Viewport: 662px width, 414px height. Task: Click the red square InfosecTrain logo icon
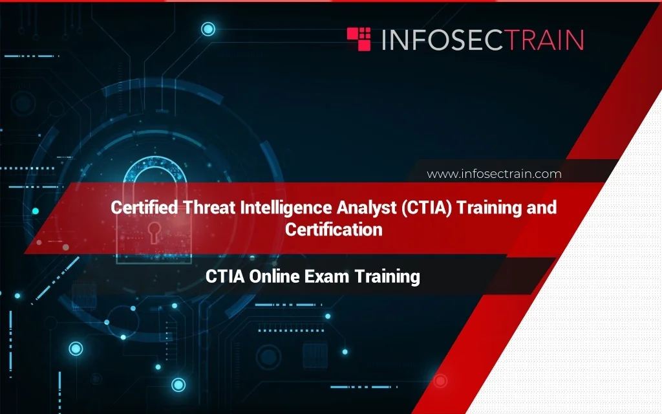click(x=358, y=39)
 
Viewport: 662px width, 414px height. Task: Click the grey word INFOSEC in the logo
click(x=443, y=39)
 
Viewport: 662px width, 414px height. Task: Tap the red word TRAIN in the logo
click(x=545, y=39)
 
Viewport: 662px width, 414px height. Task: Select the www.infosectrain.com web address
click(x=494, y=174)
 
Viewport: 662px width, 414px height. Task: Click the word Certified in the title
click(x=144, y=208)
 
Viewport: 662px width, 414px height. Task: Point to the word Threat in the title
click(x=209, y=208)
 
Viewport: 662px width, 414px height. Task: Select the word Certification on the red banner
click(x=334, y=230)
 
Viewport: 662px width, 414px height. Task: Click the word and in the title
click(x=542, y=208)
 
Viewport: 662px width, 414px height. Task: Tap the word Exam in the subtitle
click(x=326, y=277)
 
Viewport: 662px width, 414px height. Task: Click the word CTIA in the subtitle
click(x=225, y=277)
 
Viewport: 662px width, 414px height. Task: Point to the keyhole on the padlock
click(x=154, y=232)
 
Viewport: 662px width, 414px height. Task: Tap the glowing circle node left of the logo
click(x=208, y=29)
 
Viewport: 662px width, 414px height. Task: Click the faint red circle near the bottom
click(x=440, y=381)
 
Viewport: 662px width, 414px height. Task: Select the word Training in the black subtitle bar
click(x=387, y=277)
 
